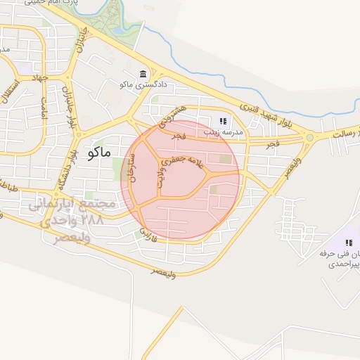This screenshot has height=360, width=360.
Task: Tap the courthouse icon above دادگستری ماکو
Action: (143, 75)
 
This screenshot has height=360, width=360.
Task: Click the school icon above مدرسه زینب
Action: (224, 121)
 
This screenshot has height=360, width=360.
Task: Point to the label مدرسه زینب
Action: (223, 132)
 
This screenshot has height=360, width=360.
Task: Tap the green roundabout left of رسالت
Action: (309, 137)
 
